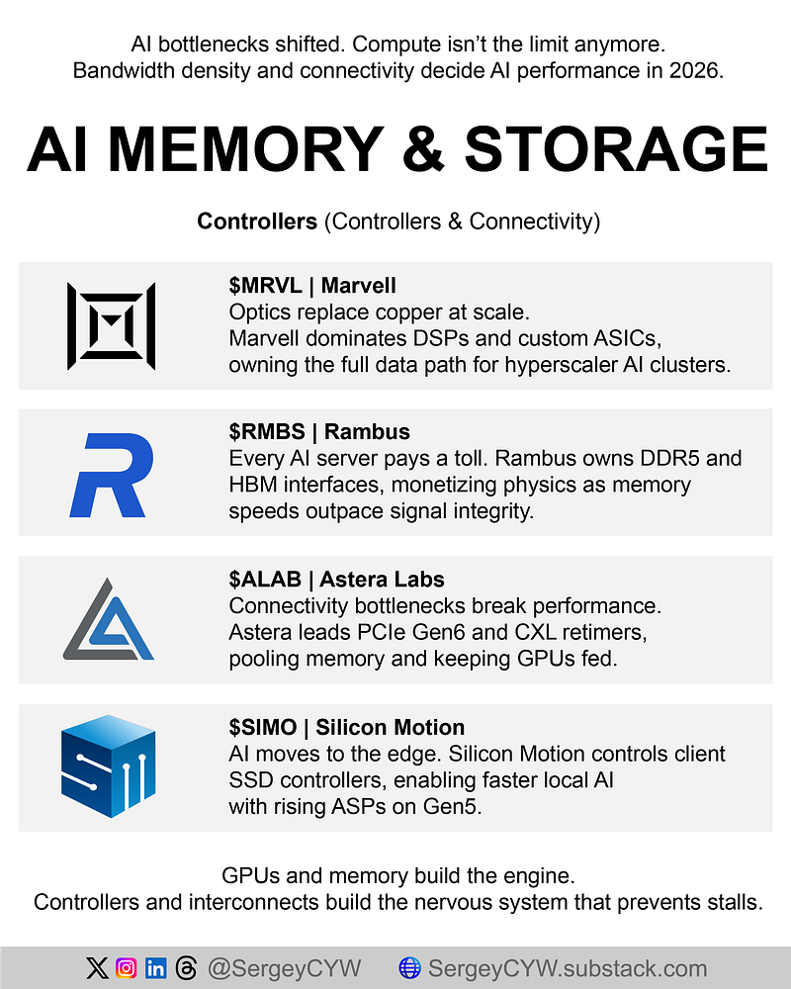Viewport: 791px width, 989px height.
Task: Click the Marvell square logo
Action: click(111, 325)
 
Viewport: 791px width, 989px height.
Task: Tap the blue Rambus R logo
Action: click(111, 474)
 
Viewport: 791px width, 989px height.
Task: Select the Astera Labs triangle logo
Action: click(109, 620)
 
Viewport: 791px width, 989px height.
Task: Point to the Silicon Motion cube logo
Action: click(108, 767)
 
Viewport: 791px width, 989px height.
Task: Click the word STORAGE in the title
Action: click(615, 149)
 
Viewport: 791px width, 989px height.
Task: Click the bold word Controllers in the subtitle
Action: click(257, 222)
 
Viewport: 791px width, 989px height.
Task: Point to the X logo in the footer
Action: click(97, 968)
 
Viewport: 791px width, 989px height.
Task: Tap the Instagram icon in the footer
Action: click(127, 968)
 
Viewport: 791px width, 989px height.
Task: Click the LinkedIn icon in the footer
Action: click(156, 968)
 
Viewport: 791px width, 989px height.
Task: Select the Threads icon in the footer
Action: click(186, 968)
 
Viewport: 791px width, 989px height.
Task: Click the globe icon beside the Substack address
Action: click(409, 968)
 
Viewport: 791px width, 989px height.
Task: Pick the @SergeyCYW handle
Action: click(285, 968)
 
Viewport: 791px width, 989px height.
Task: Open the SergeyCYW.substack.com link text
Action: click(567, 968)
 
